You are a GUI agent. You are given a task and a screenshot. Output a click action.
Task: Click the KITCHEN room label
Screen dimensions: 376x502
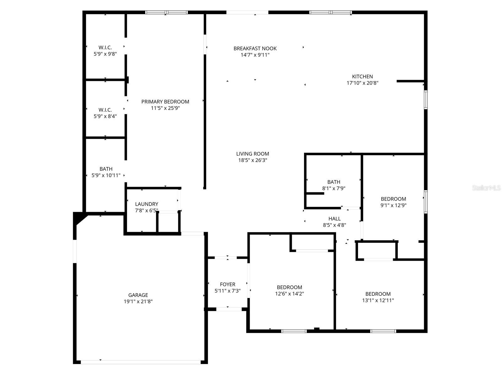362,76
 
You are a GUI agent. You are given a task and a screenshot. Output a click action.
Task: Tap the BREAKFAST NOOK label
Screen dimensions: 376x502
255,49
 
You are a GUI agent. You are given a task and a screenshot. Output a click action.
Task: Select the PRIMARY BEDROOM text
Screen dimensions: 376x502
165,102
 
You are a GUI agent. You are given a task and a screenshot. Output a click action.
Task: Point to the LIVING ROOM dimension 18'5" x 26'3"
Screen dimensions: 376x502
253,160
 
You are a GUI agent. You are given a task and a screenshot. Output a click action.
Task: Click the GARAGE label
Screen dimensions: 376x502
138,295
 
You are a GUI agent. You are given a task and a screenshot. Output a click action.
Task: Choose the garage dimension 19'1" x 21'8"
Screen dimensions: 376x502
138,301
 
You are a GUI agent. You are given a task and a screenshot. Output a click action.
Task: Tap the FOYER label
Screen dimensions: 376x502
227,285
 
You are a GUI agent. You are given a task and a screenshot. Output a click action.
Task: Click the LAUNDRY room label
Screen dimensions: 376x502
147,204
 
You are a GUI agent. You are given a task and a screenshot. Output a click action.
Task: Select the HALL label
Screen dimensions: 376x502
334,219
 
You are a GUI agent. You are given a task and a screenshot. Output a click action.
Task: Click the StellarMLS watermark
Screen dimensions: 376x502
486,188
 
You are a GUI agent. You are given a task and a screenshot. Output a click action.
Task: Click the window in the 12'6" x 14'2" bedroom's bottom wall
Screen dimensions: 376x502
294,331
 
